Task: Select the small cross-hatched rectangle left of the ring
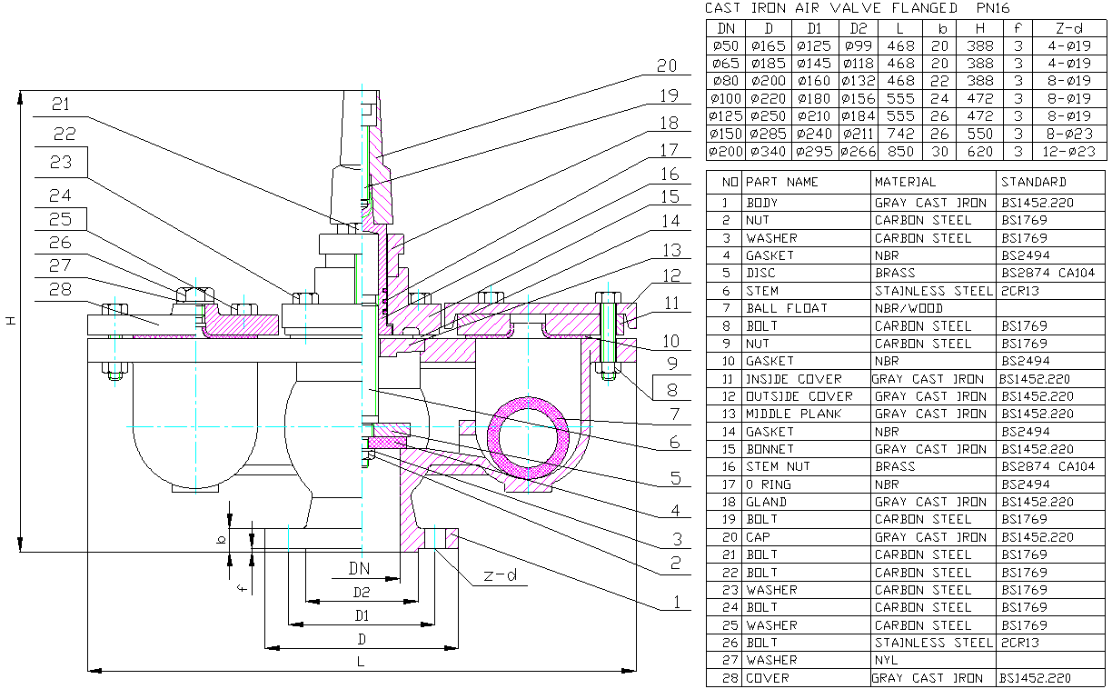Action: click(x=386, y=443)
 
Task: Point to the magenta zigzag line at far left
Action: click(x=164, y=337)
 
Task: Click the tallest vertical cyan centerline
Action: click(x=362, y=273)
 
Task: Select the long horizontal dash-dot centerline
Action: click(x=273, y=426)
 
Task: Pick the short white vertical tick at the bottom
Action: click(x=288, y=537)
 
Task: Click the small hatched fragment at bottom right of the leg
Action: click(x=451, y=538)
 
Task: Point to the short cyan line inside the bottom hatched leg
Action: click(x=434, y=537)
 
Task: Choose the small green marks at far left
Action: click(x=114, y=374)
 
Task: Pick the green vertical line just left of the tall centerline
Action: click(x=356, y=278)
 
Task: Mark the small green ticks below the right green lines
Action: click(x=608, y=375)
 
